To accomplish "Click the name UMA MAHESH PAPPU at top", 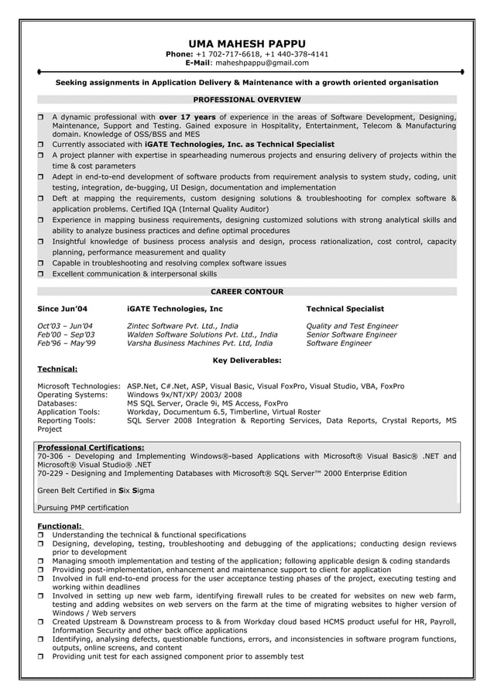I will (x=246, y=43).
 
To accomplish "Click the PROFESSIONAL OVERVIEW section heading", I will (x=246, y=100).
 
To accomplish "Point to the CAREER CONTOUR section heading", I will (x=246, y=292).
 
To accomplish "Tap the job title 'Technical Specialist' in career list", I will (x=345, y=309).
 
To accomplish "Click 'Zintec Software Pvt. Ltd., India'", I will (x=182, y=326).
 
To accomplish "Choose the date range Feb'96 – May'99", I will (x=67, y=343).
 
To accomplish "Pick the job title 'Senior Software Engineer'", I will (x=352, y=334).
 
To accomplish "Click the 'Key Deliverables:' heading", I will (x=246, y=360).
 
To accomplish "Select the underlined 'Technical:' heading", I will (x=57, y=369).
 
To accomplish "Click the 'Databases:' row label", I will (x=57, y=403).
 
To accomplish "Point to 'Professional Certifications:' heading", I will (x=91, y=447).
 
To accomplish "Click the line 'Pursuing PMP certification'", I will (x=83, y=508).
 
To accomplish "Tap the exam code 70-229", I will (x=50, y=473).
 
